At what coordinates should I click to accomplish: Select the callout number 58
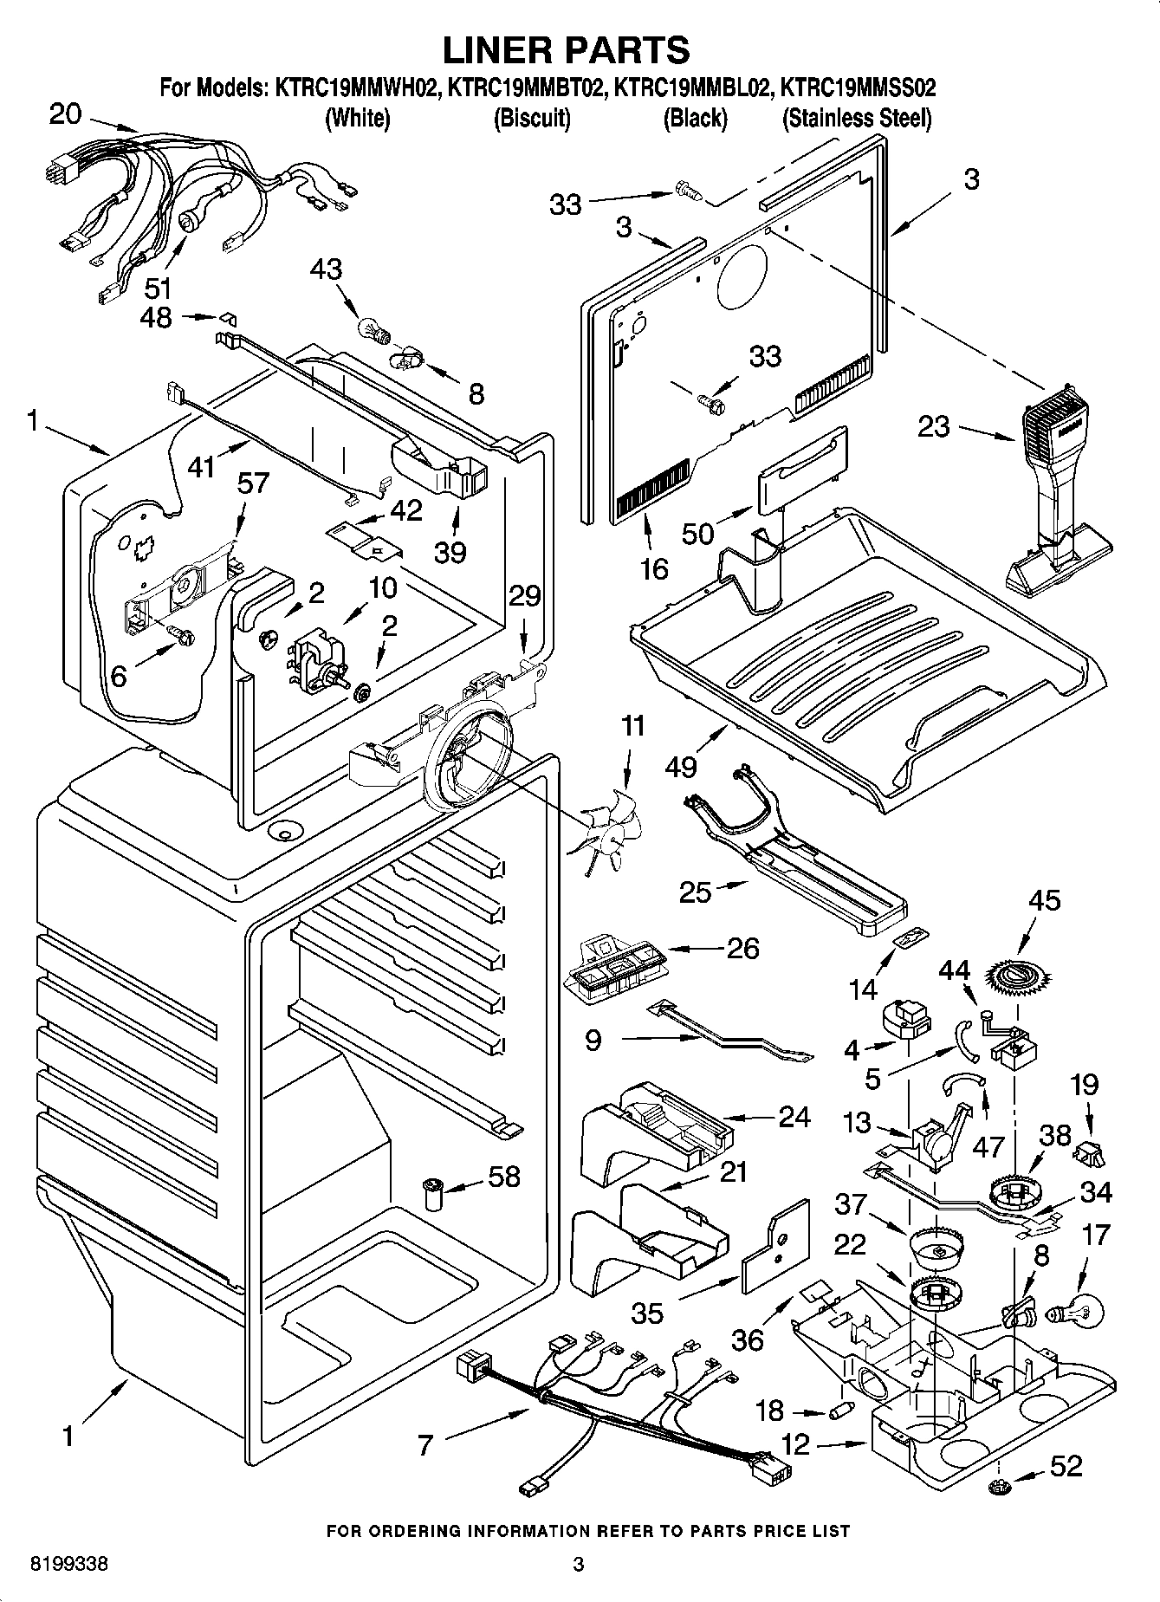(504, 1176)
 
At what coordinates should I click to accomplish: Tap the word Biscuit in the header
(531, 118)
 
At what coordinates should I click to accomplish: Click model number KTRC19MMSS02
(858, 88)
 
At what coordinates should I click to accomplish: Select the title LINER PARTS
(567, 49)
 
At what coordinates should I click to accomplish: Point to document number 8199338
(69, 1565)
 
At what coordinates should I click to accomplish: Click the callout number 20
(66, 114)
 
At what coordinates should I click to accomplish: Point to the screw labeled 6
(182, 637)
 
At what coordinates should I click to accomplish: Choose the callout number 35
(648, 1313)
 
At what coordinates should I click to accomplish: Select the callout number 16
(655, 568)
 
